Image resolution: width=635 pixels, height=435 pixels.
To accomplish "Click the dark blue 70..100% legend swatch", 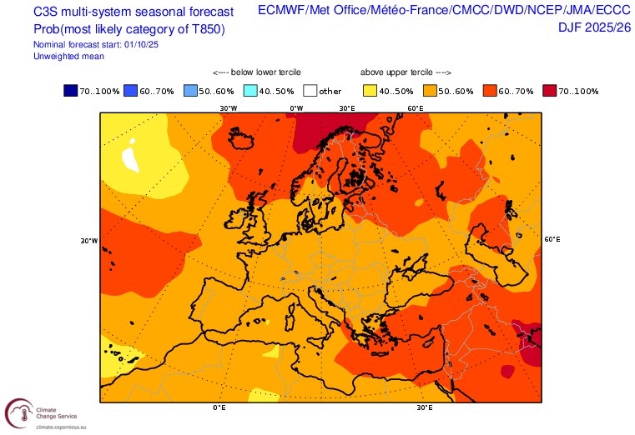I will pos(71,91).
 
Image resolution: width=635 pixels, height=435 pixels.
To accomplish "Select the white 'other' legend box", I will pos(311,91).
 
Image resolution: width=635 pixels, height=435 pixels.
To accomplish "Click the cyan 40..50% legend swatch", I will pos(251,91).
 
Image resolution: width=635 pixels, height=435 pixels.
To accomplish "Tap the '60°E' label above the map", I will pos(415,108).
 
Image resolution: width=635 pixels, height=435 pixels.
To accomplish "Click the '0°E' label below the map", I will pos(219,407).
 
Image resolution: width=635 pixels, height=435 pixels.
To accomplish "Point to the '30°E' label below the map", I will pos(425,407).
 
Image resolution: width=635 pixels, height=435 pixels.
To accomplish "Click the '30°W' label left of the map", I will pos(89,241).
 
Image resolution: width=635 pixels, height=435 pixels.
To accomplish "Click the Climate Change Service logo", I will pos(19,414).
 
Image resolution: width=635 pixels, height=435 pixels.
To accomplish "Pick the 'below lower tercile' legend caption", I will pos(256,72).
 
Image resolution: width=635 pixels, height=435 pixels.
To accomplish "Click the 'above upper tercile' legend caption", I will pos(406,72).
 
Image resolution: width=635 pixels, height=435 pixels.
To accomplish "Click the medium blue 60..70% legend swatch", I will pos(131,91).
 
